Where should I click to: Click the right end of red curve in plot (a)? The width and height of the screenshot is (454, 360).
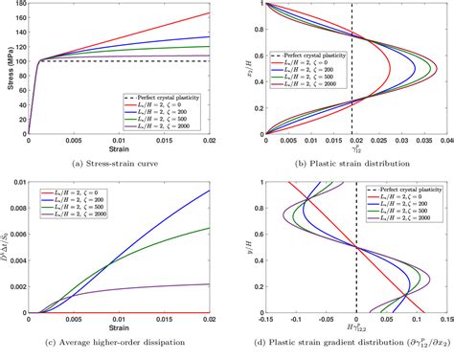[x=210, y=13]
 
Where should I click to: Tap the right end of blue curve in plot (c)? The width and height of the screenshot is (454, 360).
[x=210, y=191]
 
